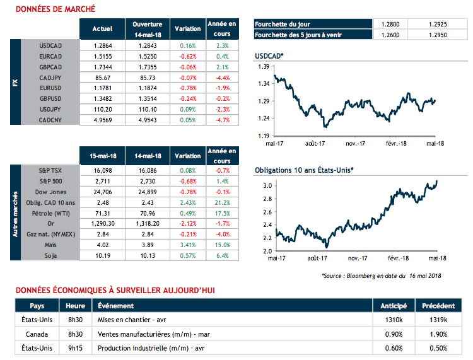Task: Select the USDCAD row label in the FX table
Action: (50, 46)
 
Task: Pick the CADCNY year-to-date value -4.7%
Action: (222, 119)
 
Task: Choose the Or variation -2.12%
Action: (187, 224)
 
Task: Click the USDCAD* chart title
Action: (269, 57)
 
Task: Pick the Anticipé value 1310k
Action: (394, 320)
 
